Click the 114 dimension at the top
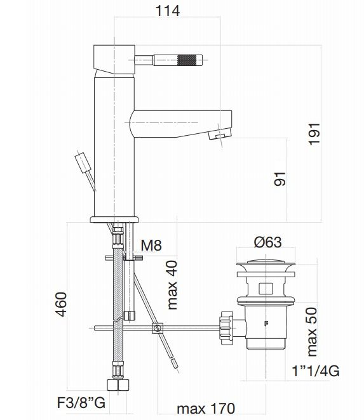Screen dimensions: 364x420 [168, 11]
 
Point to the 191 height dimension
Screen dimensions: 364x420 [314, 134]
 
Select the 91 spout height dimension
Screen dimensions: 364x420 [280, 179]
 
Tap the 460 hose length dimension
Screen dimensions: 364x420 [61, 305]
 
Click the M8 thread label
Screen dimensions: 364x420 [151, 245]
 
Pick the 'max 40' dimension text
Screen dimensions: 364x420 [172, 285]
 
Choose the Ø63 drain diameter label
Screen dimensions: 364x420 [267, 242]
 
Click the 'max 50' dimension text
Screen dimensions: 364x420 [312, 332]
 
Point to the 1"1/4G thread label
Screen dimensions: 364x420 [316, 371]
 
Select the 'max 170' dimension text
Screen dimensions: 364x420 [206, 409]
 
